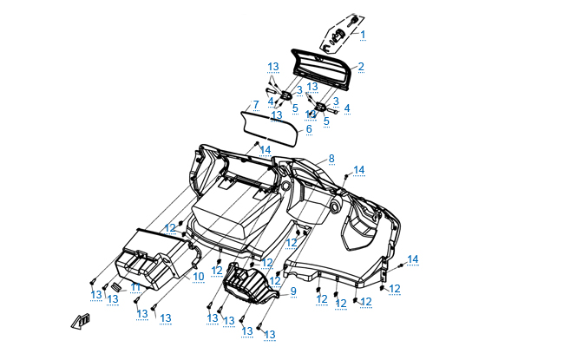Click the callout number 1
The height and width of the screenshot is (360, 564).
coord(363,35)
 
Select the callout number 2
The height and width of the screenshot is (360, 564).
coord(361,66)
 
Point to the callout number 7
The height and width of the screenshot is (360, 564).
coord(255,105)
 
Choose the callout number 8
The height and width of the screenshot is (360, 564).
coord(331,160)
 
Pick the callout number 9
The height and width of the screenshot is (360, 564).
coord(293,291)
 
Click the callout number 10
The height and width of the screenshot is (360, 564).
coord(198,277)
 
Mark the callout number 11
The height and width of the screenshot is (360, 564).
coord(135,286)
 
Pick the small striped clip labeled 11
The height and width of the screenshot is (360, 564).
coord(114,288)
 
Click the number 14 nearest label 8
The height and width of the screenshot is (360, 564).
coord(358,170)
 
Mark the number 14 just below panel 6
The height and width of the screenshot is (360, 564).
coord(266,149)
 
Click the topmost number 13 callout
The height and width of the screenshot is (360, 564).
coord(272,67)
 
